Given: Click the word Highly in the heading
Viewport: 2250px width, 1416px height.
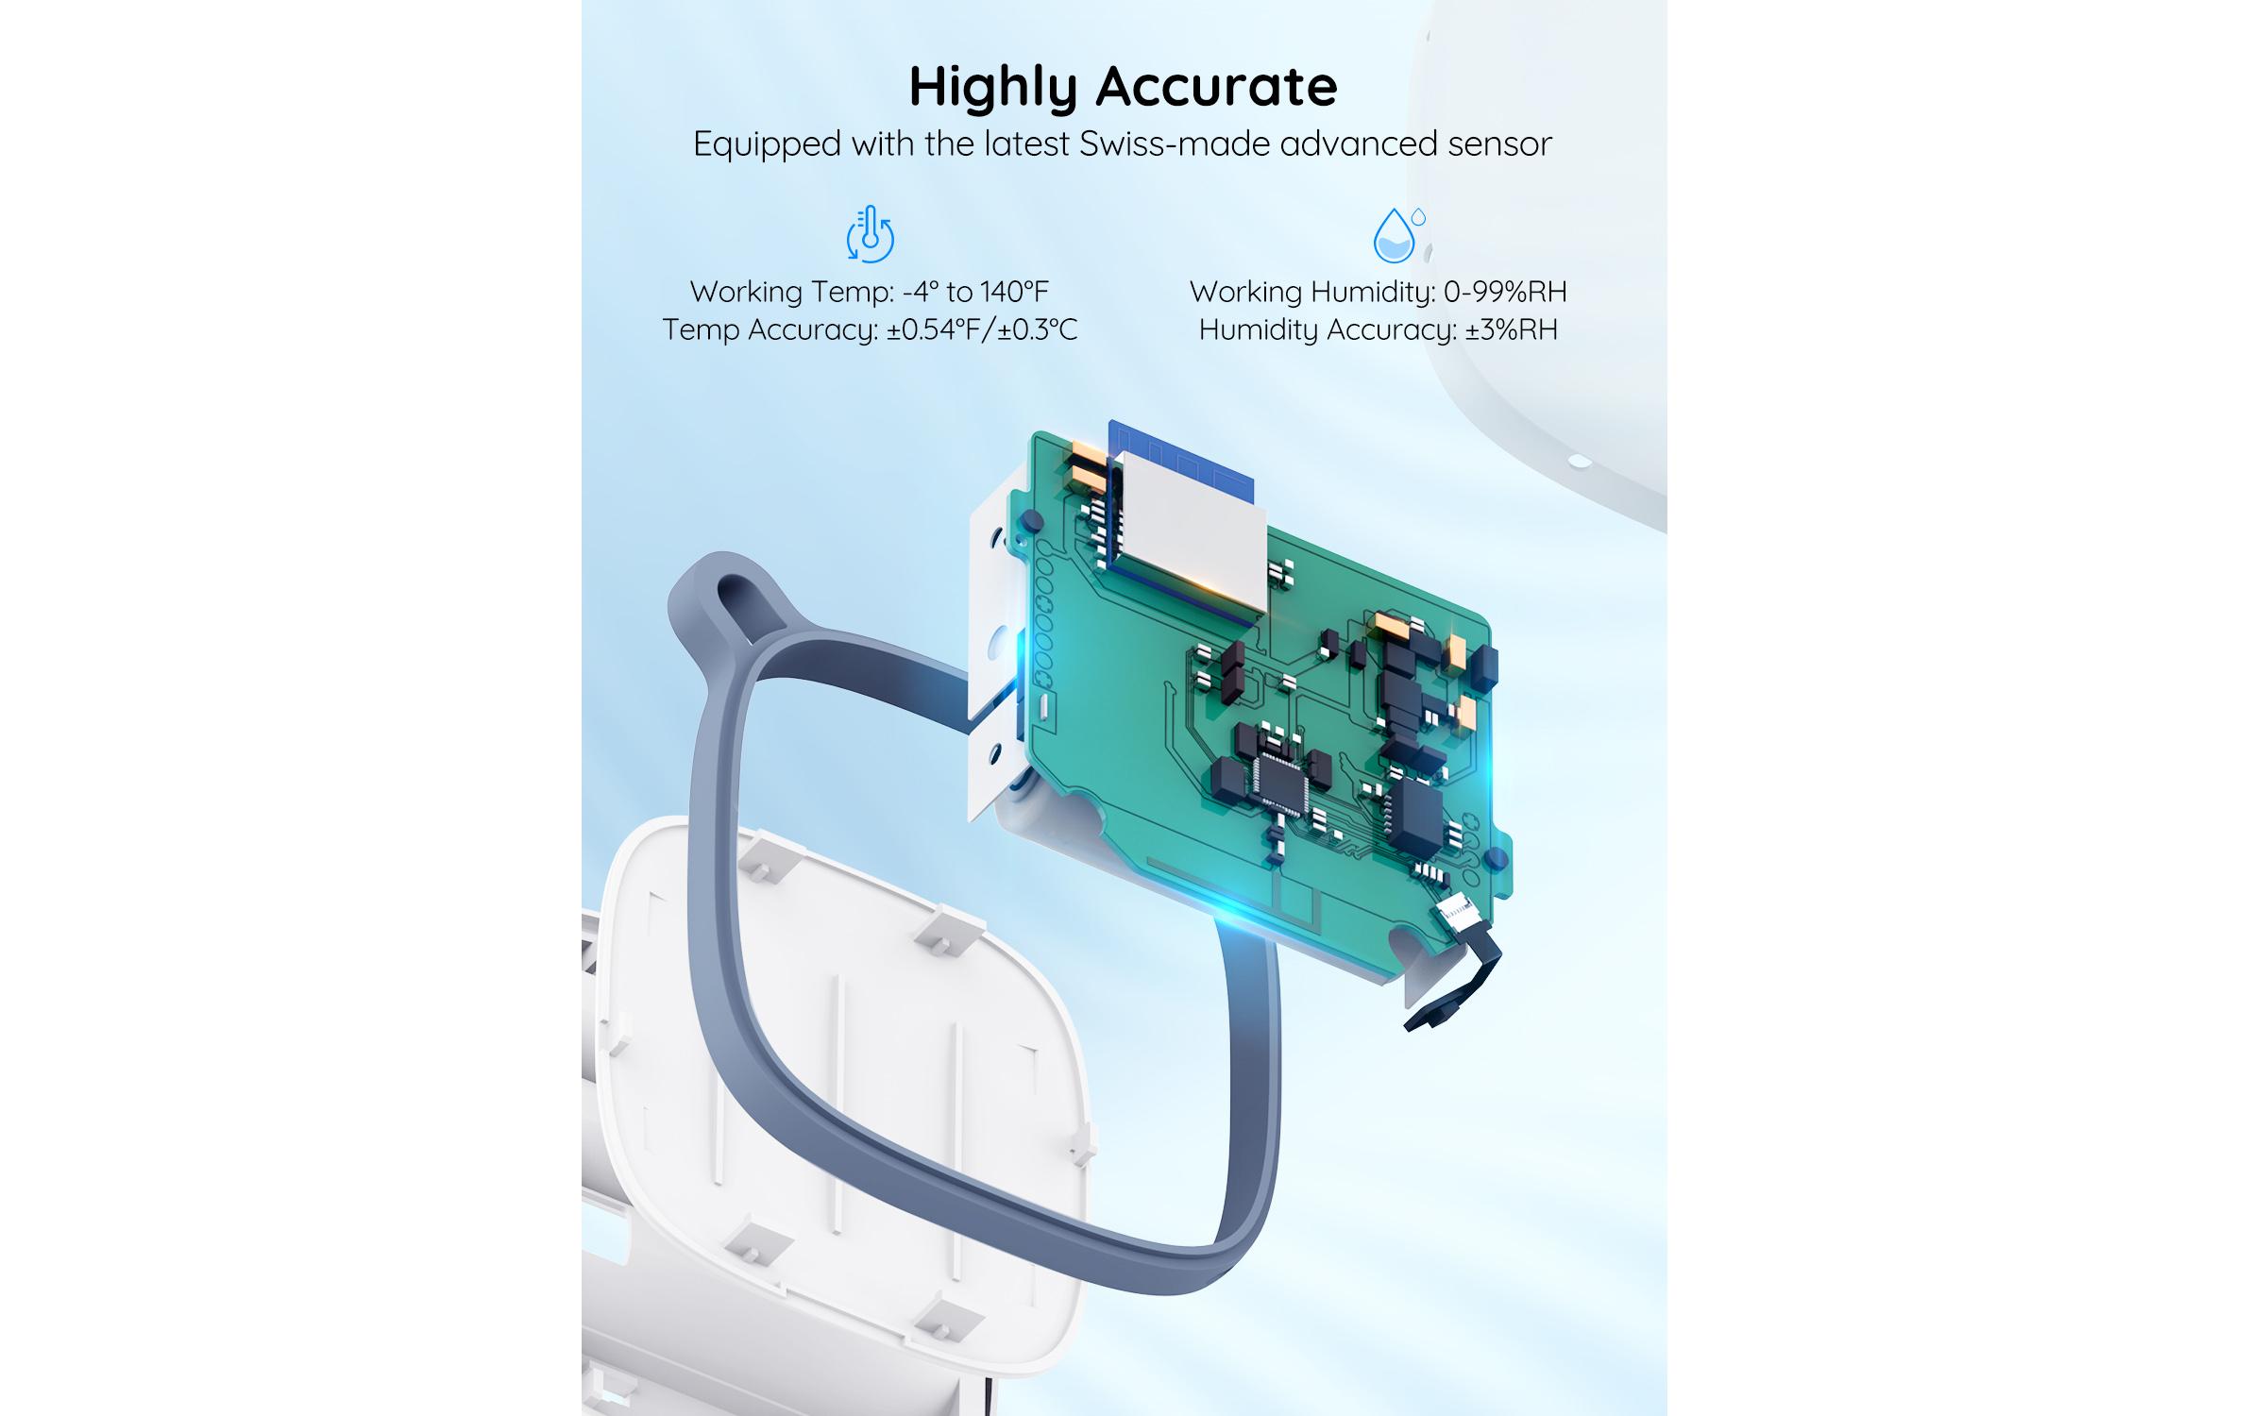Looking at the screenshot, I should pos(992,88).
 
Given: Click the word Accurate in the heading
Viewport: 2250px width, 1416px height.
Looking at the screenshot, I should pos(1217,88).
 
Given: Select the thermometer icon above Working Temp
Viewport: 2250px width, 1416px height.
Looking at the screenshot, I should pos(870,234).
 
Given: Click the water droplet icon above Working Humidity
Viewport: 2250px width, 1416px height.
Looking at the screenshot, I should pos(1396,236).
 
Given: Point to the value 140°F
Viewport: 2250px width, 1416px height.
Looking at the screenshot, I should pos(1013,292).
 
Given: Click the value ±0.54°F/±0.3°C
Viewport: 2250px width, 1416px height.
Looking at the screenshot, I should pos(981,329).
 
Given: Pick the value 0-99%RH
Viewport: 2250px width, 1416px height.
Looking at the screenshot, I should pos(1505,292).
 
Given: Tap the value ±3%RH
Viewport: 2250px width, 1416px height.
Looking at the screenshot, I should pos(1511,329).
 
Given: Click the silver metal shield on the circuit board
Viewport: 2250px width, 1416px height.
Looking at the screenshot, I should pos(1192,533).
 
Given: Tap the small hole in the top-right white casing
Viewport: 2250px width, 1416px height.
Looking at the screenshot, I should pos(1579,462).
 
